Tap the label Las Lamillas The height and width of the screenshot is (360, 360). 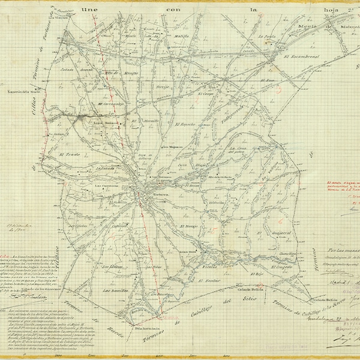point(113,290)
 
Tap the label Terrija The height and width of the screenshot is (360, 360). point(163,88)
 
